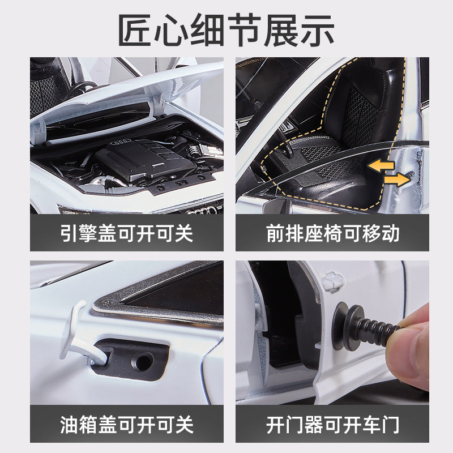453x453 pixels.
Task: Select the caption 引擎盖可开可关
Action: click(x=127, y=233)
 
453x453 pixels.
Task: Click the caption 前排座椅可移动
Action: click(x=333, y=233)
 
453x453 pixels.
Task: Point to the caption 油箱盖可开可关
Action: click(x=127, y=423)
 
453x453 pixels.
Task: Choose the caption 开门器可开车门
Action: click(x=333, y=423)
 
